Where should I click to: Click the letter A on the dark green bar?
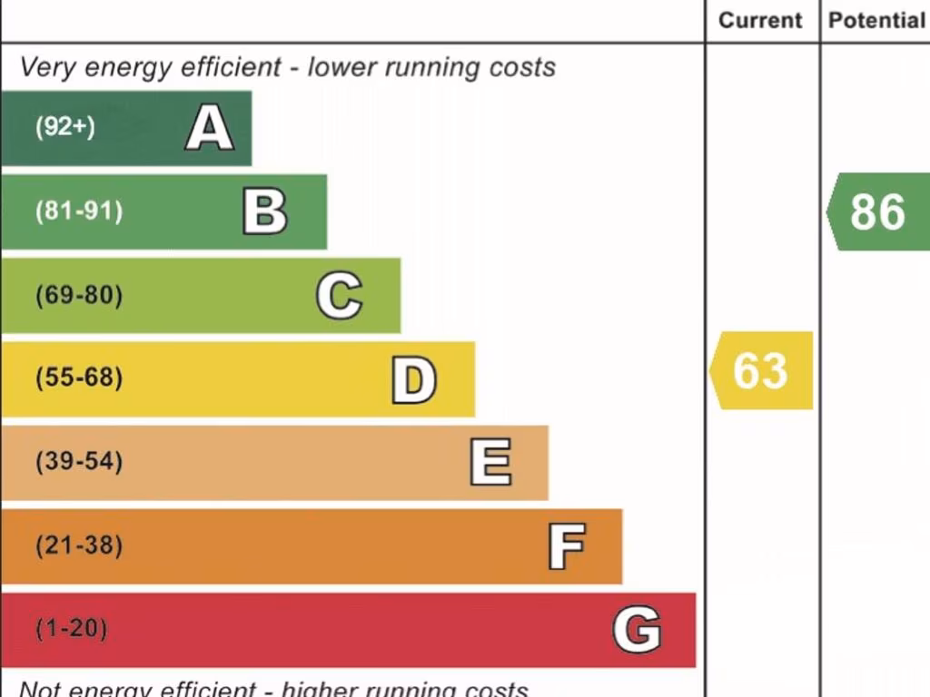(x=210, y=128)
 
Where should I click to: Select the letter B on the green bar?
(x=265, y=211)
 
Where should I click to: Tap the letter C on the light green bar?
(x=340, y=296)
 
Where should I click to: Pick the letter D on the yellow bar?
(x=414, y=380)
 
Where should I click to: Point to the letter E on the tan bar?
(x=490, y=462)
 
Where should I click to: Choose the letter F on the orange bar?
(x=567, y=546)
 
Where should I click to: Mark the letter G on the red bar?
(x=637, y=630)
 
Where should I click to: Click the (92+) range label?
(x=65, y=127)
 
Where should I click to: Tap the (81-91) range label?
(x=79, y=211)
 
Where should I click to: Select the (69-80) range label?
(x=79, y=296)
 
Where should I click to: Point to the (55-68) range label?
(x=79, y=378)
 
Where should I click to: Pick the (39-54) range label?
(x=79, y=462)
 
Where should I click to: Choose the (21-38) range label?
(x=79, y=546)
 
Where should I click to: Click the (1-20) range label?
(x=72, y=629)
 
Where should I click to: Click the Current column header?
(x=760, y=20)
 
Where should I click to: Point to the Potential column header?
(x=876, y=20)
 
